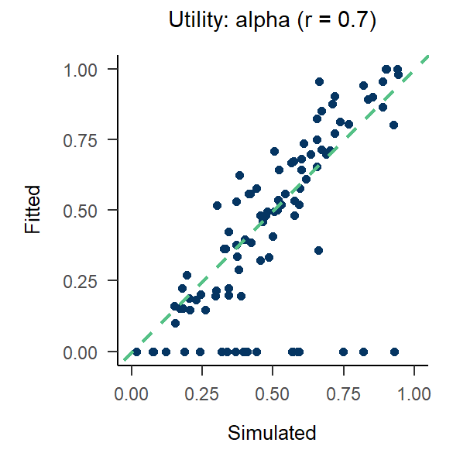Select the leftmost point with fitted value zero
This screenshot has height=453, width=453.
pos(136,352)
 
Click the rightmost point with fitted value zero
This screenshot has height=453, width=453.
pos(394,352)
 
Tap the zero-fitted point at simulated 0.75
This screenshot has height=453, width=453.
pos(343,352)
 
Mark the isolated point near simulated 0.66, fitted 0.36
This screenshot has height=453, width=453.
pos(318,250)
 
